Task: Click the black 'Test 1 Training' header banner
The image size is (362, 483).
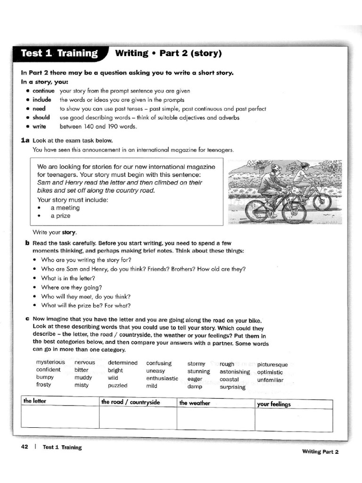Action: pos(59,53)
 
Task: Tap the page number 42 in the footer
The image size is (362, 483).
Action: pos(25,447)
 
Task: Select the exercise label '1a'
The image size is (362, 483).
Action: pos(25,140)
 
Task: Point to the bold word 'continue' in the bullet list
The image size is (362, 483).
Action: pos(43,91)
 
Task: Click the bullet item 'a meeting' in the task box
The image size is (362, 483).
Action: pos(65,208)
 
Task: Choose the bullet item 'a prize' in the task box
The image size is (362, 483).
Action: pos(60,216)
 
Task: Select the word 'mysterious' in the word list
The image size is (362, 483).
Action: pos(50,362)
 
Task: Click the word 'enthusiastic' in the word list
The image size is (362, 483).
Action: pos(162,378)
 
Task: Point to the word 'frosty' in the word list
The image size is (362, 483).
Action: pos(44,384)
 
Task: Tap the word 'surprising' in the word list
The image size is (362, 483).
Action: pos(232,387)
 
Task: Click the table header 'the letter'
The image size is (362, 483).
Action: pos(35,401)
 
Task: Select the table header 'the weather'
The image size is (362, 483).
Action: pos(195,403)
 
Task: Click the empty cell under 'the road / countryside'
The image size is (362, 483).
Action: pos(138,417)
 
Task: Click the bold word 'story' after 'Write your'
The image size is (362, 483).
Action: pos(69,232)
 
